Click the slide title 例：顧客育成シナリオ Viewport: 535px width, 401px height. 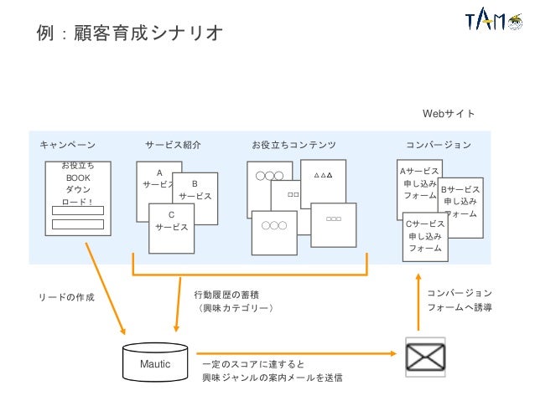tap(129, 33)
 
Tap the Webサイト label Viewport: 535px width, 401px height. tap(448, 113)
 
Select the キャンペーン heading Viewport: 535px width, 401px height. tap(67, 145)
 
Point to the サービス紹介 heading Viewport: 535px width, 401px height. tap(173, 145)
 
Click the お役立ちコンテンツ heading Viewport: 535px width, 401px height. tap(293, 145)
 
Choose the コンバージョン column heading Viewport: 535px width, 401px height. tap(438, 145)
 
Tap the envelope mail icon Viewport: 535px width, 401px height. tap(425, 356)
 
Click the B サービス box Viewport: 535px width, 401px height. tap(196, 193)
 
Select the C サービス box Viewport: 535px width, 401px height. tap(172, 227)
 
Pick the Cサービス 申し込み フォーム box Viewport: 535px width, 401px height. tap(425, 238)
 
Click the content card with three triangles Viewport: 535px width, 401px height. tap(323, 183)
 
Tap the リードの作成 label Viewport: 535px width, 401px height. tap(67, 296)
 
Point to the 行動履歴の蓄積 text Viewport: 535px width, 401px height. tap(226, 295)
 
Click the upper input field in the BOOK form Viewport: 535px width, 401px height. tap(78, 210)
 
